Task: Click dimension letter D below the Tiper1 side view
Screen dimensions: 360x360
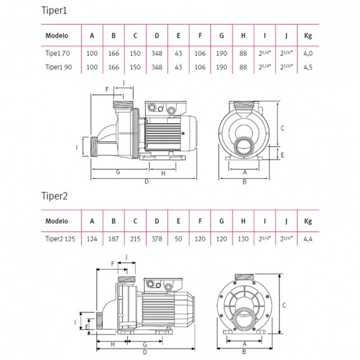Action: pyautogui.click(x=146, y=182)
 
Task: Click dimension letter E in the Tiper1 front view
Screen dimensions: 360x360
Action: pyautogui.click(x=282, y=154)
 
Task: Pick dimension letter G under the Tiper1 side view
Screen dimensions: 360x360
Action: pyautogui.click(x=118, y=172)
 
